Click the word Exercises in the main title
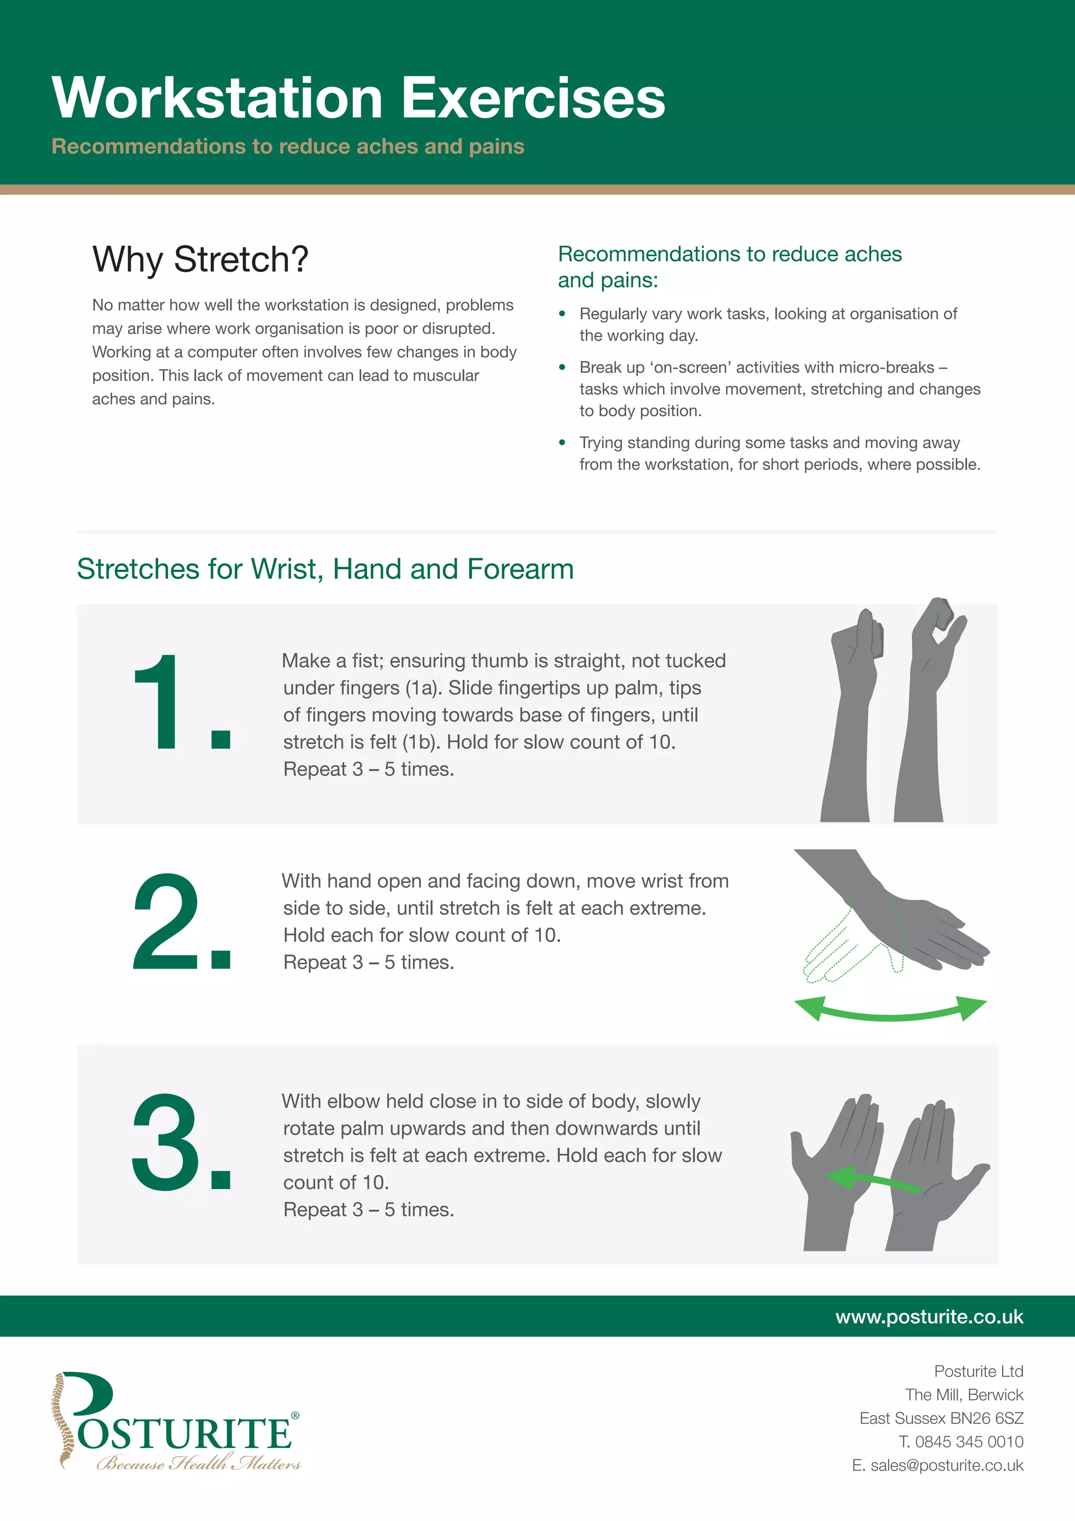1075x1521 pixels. pos(533,98)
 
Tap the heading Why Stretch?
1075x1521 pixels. pos(200,259)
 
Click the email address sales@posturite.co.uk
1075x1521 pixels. pos(946,1465)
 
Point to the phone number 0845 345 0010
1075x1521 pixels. pos(969,1442)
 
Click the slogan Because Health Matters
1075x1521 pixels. pos(198,1463)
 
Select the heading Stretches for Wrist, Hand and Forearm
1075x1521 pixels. pos(325,569)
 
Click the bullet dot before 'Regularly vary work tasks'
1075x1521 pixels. pos(562,314)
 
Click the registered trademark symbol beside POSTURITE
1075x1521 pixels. pos(295,1415)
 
